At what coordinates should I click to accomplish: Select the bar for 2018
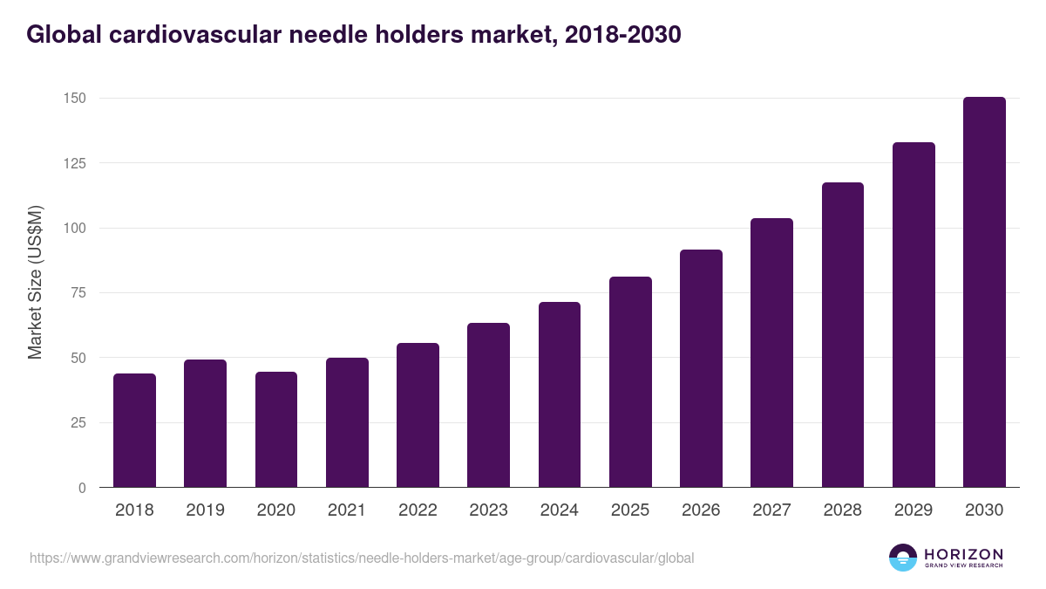(134, 431)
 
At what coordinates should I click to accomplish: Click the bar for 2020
(276, 430)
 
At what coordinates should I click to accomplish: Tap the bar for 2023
(488, 406)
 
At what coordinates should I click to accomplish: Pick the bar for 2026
(701, 369)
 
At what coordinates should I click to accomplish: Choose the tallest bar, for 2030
(984, 292)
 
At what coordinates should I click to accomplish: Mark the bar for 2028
(842, 335)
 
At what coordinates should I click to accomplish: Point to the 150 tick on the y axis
(75, 98)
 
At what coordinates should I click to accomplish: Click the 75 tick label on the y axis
(78, 293)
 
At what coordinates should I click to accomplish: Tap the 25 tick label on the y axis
(78, 423)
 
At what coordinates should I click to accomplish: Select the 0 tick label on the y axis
(82, 488)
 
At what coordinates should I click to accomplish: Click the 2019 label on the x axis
(205, 510)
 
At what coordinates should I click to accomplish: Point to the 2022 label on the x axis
(418, 510)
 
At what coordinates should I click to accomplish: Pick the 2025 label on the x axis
(630, 510)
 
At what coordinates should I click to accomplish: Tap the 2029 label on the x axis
(914, 510)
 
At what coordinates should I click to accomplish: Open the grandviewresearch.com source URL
(362, 558)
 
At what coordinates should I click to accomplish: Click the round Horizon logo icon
(903, 558)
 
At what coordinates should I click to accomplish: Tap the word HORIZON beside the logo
(963, 553)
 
